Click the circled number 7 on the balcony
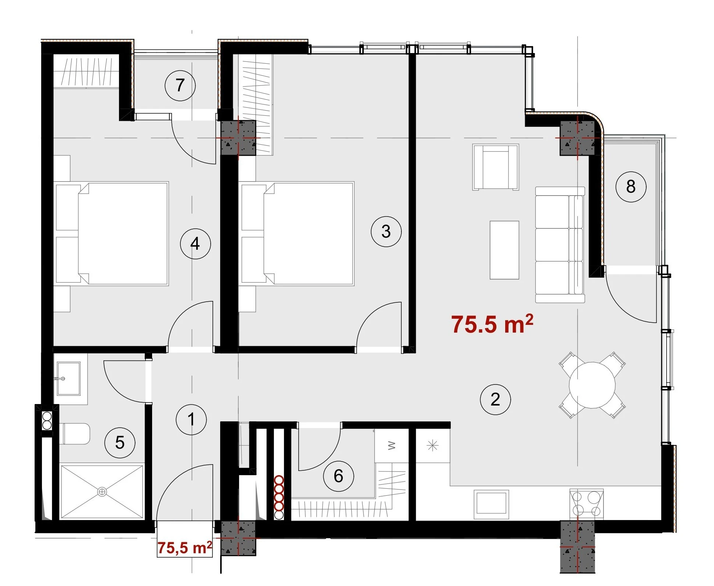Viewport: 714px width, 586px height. (x=180, y=85)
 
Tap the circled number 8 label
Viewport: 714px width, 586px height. (x=631, y=186)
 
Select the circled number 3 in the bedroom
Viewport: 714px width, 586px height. (x=386, y=231)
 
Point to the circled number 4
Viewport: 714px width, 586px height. (x=195, y=243)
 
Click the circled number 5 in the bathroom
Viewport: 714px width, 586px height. (x=120, y=442)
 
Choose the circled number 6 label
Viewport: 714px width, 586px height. (x=338, y=476)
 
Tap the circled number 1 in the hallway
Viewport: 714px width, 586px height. (x=191, y=419)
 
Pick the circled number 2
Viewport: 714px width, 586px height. (x=495, y=399)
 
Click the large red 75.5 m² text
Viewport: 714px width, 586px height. (x=492, y=324)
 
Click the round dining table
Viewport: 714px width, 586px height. (x=592, y=385)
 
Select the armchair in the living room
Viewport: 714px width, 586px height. (x=496, y=167)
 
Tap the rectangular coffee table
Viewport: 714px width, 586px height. (x=504, y=250)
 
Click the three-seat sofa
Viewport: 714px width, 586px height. (x=560, y=245)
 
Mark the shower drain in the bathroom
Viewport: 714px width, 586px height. (x=102, y=491)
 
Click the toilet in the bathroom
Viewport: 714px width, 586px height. (x=75, y=434)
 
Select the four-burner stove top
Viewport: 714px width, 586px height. (x=586, y=504)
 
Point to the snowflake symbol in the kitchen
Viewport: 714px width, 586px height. (x=432, y=446)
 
